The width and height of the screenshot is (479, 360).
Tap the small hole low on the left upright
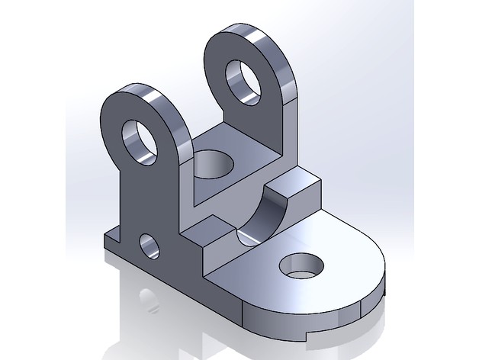click(149, 246)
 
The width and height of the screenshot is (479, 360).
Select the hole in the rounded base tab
click(301, 266)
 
